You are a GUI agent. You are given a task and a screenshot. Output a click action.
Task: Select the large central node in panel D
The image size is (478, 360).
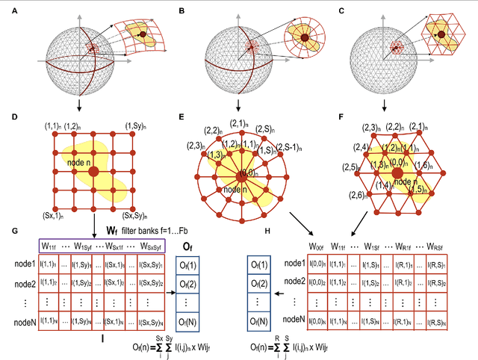click(93, 172)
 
